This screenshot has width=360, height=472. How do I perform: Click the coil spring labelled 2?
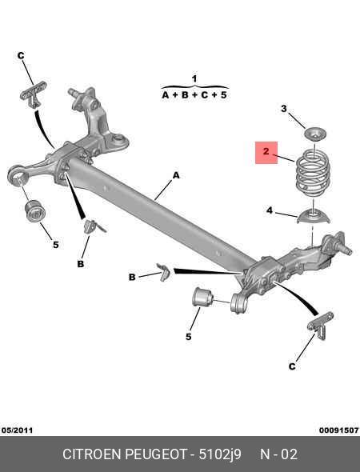[x=313, y=173]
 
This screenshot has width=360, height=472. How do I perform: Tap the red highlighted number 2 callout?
[x=266, y=153]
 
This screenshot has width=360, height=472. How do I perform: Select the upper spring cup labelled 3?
[x=315, y=134]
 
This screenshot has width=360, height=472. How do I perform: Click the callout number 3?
[x=284, y=109]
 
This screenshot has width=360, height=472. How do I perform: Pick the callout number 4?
[x=270, y=210]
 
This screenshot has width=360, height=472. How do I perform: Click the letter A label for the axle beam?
[x=176, y=175]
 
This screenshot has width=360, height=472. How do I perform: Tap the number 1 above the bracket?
[x=194, y=79]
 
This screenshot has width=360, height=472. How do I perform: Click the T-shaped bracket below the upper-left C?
[x=33, y=94]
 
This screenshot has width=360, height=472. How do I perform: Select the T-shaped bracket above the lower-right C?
[x=321, y=325]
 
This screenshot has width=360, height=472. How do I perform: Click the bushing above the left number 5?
[x=34, y=210]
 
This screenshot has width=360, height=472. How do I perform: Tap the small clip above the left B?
[x=92, y=226]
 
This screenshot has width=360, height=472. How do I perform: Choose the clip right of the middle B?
[x=163, y=271]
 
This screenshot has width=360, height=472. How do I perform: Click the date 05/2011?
[x=17, y=430]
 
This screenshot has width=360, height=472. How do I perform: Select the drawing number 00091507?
[x=339, y=430]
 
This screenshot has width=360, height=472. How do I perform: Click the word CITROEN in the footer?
[x=92, y=454]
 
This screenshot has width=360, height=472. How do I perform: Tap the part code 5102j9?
[x=220, y=454]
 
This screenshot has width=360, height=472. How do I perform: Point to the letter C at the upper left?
[x=21, y=56]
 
